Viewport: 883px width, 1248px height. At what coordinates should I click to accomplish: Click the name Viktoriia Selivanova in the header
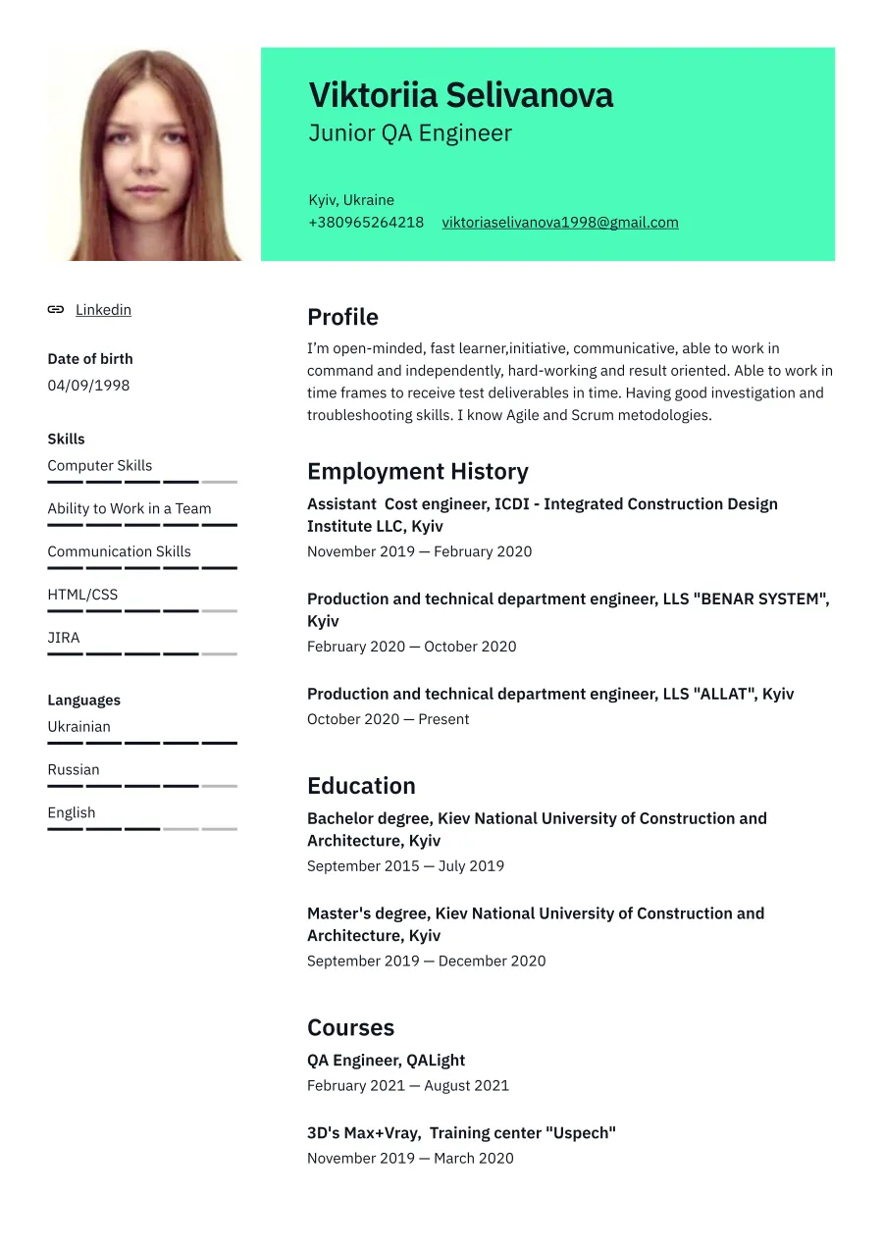(x=460, y=95)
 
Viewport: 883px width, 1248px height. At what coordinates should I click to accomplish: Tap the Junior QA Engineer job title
(x=410, y=133)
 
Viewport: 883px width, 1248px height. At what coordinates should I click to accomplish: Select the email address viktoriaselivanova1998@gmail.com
(x=559, y=223)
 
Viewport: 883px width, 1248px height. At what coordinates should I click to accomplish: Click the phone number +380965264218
(x=366, y=223)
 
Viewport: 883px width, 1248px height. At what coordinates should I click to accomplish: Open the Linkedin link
(x=103, y=310)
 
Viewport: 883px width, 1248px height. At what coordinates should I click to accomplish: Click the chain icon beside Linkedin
(x=56, y=310)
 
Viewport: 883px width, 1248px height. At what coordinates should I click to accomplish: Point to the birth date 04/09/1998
(x=88, y=386)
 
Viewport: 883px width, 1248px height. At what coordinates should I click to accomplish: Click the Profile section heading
(x=342, y=317)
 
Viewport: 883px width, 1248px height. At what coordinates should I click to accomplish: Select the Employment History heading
(x=417, y=471)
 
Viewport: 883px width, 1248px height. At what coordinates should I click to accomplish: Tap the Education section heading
(x=361, y=786)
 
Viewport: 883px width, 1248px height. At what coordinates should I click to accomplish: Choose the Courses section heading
(x=350, y=1027)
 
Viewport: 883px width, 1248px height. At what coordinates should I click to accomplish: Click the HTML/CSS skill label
(x=82, y=595)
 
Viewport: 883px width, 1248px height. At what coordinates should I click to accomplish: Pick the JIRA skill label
(x=64, y=638)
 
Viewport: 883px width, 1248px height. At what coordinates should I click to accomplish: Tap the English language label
(x=72, y=812)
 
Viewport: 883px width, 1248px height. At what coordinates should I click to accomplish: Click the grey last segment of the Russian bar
(x=220, y=786)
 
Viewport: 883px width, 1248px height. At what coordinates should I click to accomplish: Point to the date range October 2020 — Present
(x=388, y=719)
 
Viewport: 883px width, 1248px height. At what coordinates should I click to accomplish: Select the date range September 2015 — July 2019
(x=405, y=866)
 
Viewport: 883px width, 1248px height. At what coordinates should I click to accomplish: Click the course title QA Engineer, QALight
(x=386, y=1061)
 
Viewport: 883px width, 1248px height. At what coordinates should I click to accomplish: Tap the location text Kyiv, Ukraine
(x=351, y=200)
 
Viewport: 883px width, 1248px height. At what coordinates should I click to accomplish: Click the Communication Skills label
(x=119, y=551)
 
